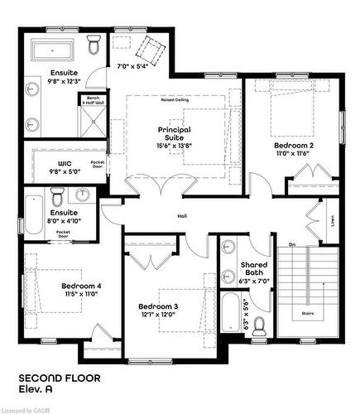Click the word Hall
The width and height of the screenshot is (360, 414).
point(182,218)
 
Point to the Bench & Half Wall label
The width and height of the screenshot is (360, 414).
point(89,101)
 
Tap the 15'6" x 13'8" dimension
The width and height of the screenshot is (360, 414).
point(175,146)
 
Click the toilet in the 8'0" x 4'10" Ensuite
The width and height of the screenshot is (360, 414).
point(57,197)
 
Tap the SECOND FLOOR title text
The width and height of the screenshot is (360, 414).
point(60,378)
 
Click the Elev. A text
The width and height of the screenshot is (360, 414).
point(36,390)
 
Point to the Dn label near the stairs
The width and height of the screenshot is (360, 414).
point(291,243)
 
